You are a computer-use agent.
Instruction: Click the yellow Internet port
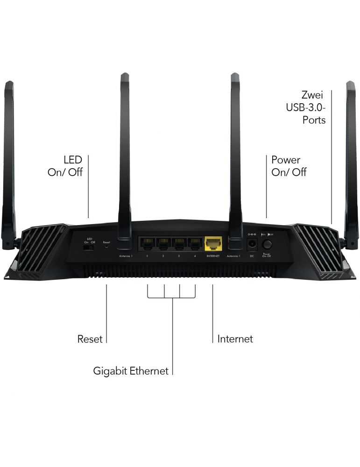coord(213,243)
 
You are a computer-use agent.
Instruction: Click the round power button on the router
coord(268,244)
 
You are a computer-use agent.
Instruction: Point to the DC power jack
coord(252,244)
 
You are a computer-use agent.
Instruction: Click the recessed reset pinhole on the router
coord(106,248)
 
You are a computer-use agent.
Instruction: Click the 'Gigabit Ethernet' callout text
coord(131,371)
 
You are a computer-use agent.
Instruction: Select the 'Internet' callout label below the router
coord(235,339)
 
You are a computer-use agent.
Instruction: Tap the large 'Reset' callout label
coord(90,339)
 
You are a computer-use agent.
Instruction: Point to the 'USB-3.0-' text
coord(306,108)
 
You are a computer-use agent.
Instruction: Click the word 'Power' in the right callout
coord(286,160)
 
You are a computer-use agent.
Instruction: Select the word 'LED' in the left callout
coord(73,160)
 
